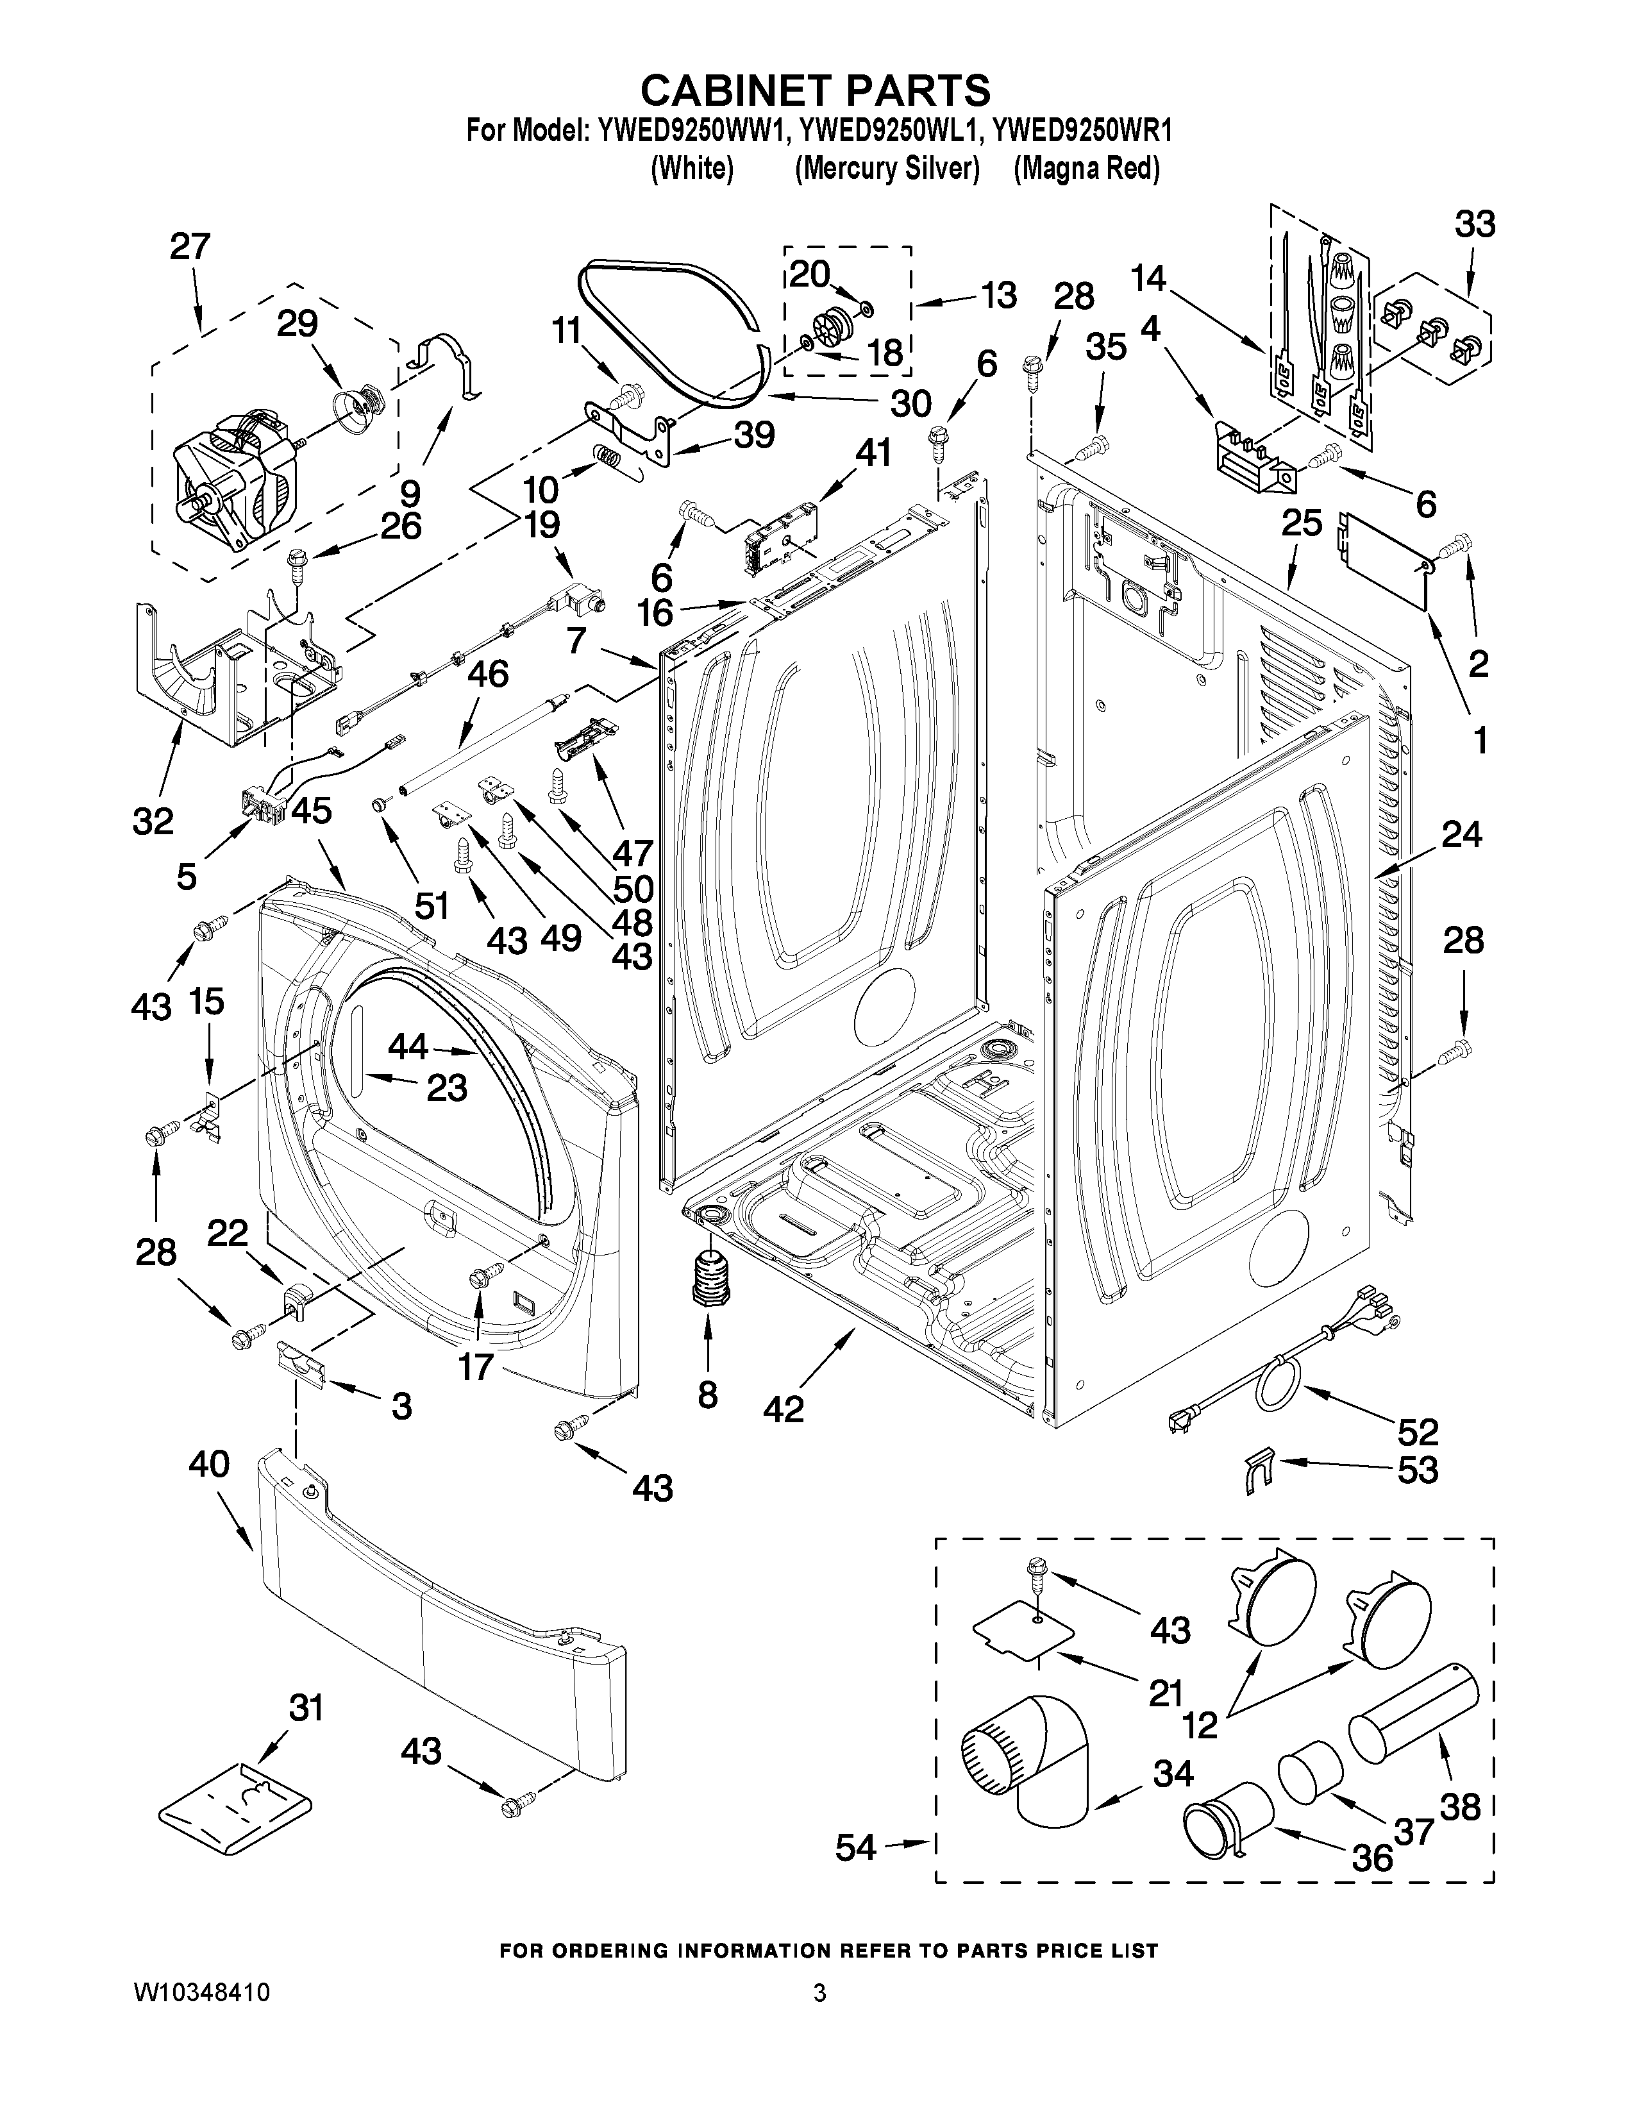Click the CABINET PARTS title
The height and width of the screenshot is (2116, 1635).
point(816,90)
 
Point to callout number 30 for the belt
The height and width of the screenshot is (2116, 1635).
point(910,403)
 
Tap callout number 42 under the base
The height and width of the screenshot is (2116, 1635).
point(783,1407)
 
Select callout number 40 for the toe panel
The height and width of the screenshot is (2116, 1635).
point(208,1464)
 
